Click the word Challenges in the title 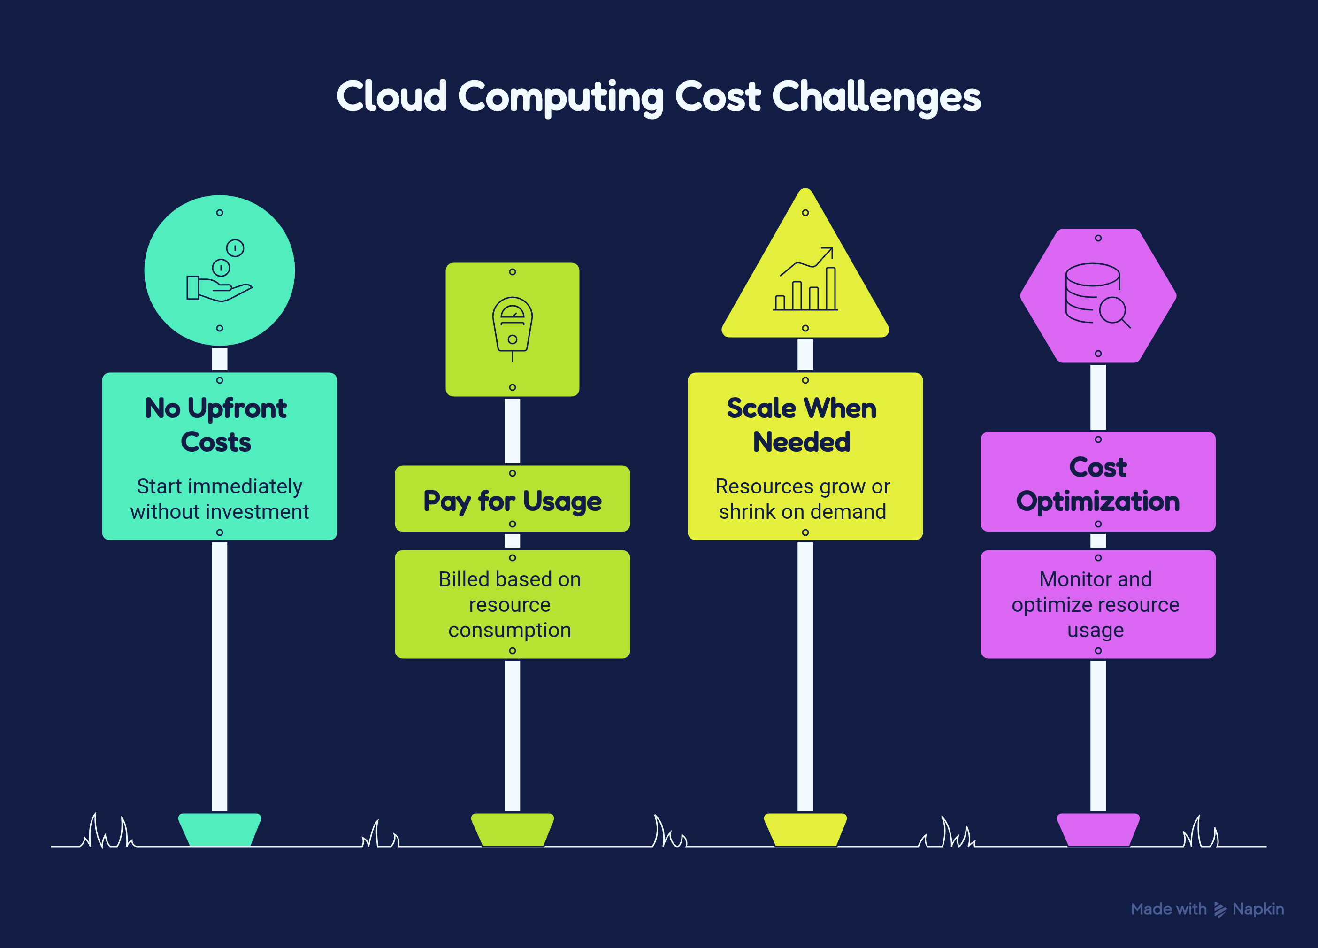(x=876, y=98)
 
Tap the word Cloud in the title (x=391, y=95)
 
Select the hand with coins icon (x=219, y=271)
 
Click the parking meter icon (x=513, y=329)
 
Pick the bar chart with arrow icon (x=805, y=279)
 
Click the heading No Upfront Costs (x=216, y=425)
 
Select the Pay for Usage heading (x=513, y=501)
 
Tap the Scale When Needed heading (x=802, y=425)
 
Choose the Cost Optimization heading (x=1098, y=484)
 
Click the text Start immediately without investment (x=220, y=499)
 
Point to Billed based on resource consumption (x=510, y=604)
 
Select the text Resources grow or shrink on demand (x=803, y=499)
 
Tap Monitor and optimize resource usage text (x=1096, y=604)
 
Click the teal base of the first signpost (x=220, y=829)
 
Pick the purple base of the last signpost (x=1098, y=829)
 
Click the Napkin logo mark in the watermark (x=1220, y=909)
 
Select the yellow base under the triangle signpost (x=805, y=829)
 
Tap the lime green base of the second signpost (x=513, y=829)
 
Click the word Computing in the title (x=561, y=98)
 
